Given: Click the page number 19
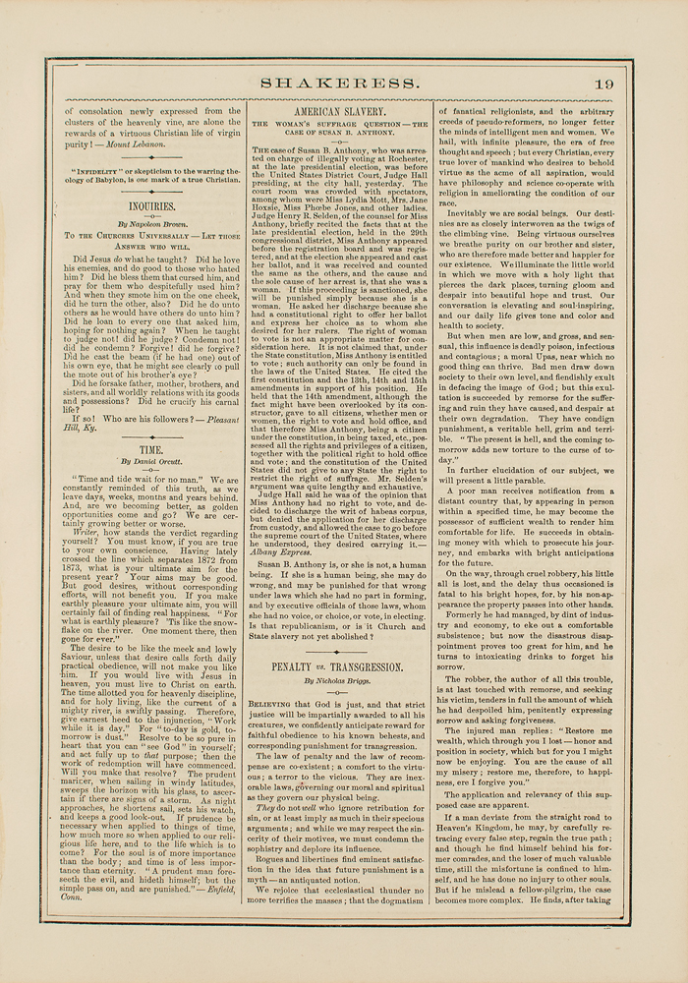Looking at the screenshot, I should [x=603, y=84].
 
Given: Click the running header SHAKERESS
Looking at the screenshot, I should [x=339, y=84].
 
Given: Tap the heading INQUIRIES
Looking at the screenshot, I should [x=152, y=207].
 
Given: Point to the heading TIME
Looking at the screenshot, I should [x=151, y=448].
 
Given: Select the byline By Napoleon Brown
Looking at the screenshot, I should [x=152, y=225].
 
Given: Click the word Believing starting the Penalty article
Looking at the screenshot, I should [x=273, y=704].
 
